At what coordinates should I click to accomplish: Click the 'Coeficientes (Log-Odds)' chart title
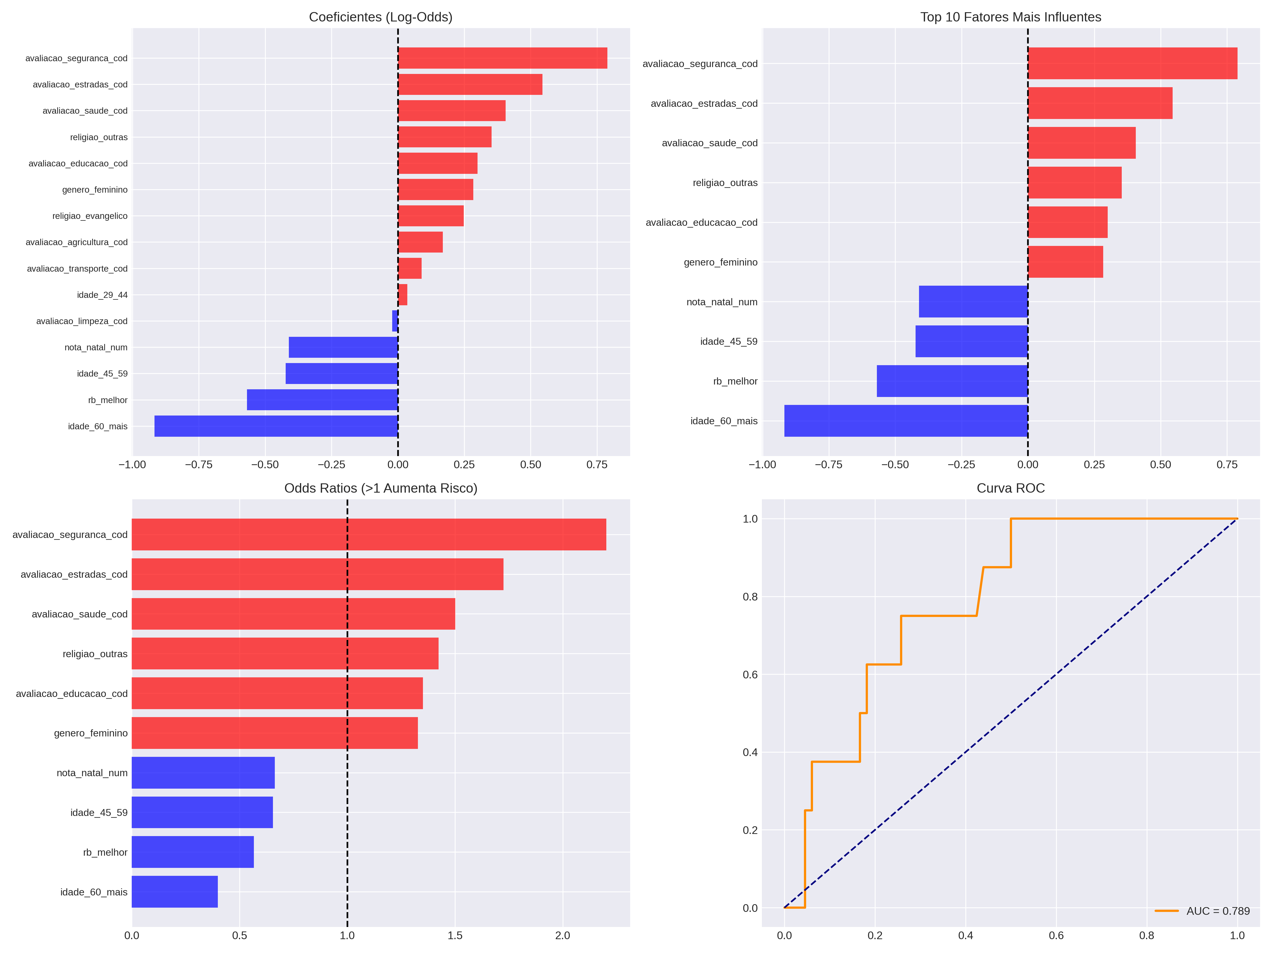click(381, 17)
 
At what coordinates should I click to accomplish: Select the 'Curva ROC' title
click(1010, 488)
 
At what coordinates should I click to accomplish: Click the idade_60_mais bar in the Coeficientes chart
click(276, 426)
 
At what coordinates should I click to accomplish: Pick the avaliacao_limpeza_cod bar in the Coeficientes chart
click(395, 321)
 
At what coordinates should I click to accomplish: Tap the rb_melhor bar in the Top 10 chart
click(952, 381)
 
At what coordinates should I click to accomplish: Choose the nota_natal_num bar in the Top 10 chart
click(974, 301)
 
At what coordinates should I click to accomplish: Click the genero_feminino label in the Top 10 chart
click(721, 262)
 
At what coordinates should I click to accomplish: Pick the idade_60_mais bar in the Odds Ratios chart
click(175, 891)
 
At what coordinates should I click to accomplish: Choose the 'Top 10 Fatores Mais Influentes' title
click(1010, 17)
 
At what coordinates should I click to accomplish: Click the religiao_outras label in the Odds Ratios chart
click(95, 654)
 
